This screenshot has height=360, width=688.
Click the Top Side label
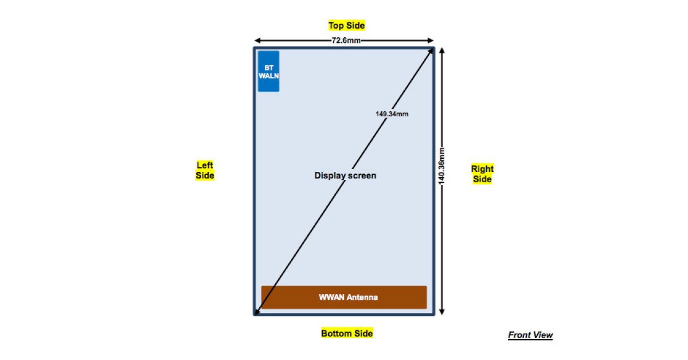click(346, 25)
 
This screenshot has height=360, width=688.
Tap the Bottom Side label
click(347, 333)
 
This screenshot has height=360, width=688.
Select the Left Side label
click(205, 170)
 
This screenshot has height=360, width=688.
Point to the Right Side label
click(482, 174)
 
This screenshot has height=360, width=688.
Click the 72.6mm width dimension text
click(345, 41)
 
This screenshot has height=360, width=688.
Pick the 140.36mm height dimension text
click(441, 166)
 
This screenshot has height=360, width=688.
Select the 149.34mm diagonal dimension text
click(392, 114)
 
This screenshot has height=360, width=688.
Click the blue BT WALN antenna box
click(268, 71)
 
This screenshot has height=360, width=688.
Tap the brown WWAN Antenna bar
click(344, 297)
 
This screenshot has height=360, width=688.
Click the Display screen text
click(345, 175)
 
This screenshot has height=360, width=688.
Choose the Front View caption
click(530, 335)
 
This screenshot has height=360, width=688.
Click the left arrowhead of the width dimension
click(257, 41)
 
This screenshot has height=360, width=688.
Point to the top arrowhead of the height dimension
click(441, 51)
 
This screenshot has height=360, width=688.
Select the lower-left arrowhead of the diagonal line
click(258, 311)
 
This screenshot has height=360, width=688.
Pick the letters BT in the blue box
click(268, 67)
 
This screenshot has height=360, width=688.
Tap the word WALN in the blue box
click(268, 75)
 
